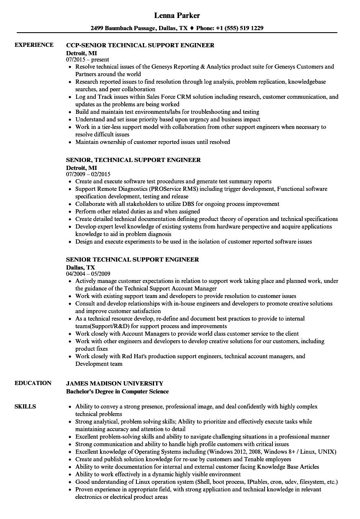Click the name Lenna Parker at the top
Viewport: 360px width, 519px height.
click(177, 15)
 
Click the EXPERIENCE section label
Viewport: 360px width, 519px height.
click(34, 45)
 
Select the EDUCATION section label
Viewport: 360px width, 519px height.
click(33, 383)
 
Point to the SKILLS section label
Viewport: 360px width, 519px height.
click(25, 406)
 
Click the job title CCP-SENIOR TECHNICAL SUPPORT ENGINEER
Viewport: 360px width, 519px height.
click(140, 45)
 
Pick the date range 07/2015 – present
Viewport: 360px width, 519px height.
click(87, 59)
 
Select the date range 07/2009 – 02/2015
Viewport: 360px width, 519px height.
click(88, 174)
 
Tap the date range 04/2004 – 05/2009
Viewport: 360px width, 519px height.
click(88, 274)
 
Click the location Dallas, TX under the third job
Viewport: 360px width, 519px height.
click(80, 267)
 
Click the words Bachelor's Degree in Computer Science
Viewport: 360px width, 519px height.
click(118, 391)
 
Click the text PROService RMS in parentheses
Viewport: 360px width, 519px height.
click(176, 189)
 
